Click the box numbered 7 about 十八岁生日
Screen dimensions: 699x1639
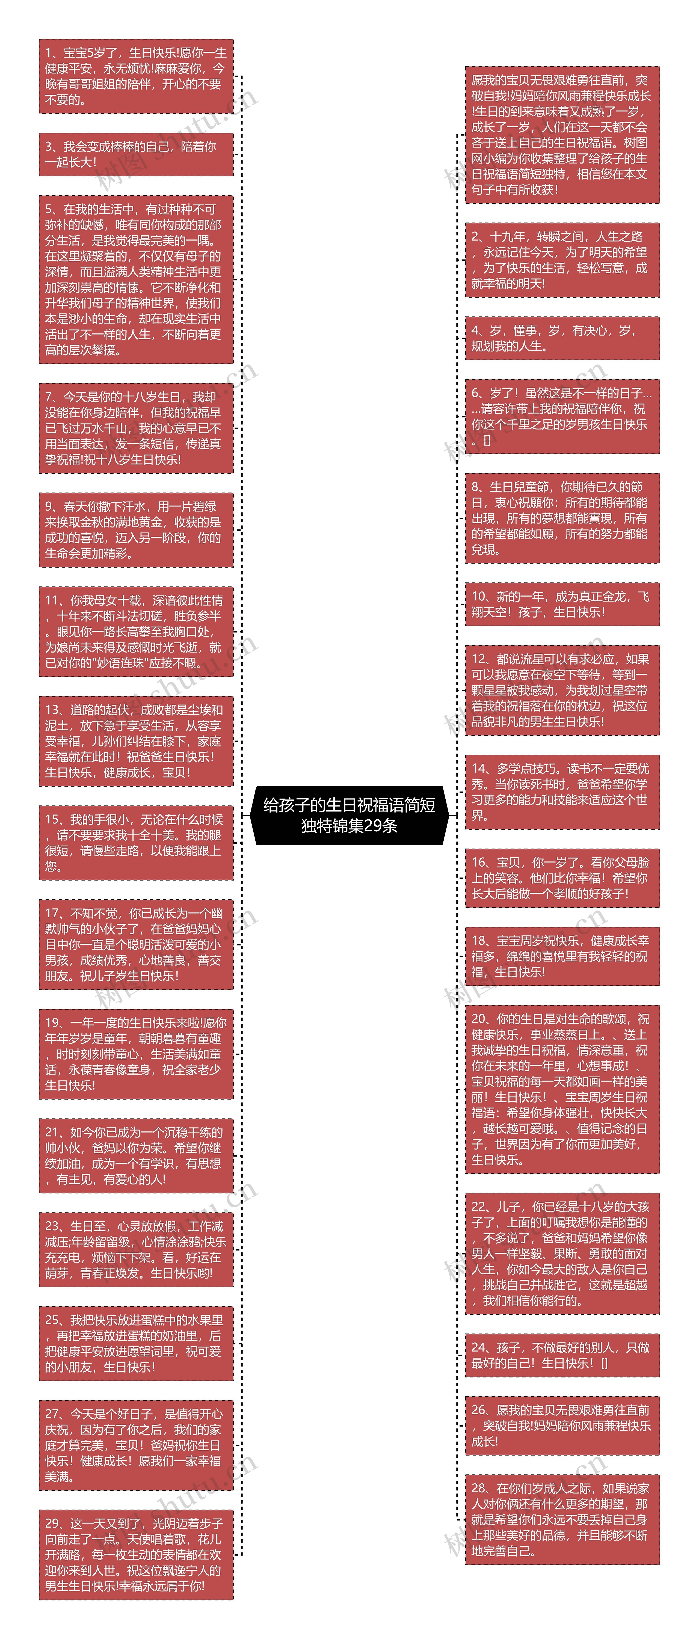coord(135,428)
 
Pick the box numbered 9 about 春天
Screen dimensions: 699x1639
coord(135,529)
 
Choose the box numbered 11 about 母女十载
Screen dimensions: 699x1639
coord(135,631)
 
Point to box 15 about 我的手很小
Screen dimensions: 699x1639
coord(135,842)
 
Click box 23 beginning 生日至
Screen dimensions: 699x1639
coord(135,1250)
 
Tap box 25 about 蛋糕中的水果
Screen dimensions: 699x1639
coord(135,1343)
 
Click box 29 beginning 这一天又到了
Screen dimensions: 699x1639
coord(135,1554)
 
